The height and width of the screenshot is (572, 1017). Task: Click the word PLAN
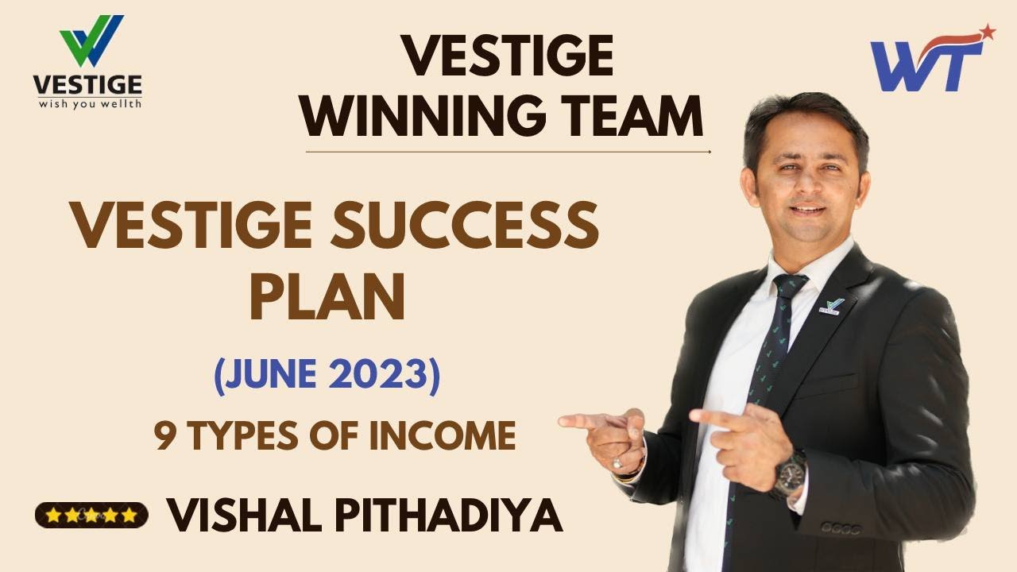tap(327, 296)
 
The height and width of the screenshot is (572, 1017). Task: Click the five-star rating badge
tap(91, 515)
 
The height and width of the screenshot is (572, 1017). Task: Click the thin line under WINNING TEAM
tap(508, 151)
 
